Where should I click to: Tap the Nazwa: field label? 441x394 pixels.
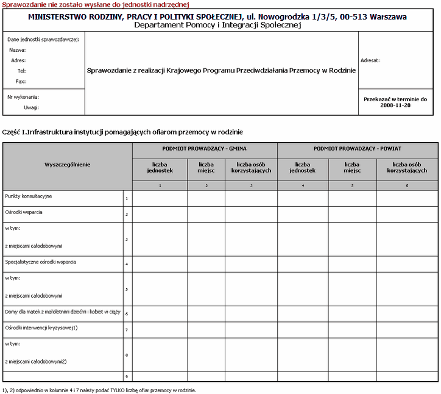pyautogui.click(x=17, y=50)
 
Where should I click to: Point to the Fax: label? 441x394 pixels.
pyautogui.click(x=20, y=81)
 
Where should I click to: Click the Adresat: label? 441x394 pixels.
pyautogui.click(x=370, y=60)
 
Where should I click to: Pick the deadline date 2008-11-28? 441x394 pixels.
pyautogui.click(x=395, y=105)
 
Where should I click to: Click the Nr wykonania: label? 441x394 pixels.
pyautogui.click(x=23, y=96)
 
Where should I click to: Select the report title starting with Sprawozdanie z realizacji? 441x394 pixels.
pyautogui.click(x=221, y=70)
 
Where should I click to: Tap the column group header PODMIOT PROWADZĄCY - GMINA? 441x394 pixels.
pyautogui.click(x=204, y=148)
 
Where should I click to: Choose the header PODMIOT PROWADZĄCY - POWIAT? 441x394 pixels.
pyautogui.click(x=357, y=148)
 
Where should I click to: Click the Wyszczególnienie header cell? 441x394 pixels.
pyautogui.click(x=67, y=165)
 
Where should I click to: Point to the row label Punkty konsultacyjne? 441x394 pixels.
pyautogui.click(x=29, y=196)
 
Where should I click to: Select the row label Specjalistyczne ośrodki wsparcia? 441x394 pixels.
pyautogui.click(x=41, y=262)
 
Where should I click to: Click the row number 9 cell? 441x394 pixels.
pyautogui.click(x=126, y=376)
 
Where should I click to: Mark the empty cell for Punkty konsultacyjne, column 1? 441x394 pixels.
pyautogui.click(x=160, y=198)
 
